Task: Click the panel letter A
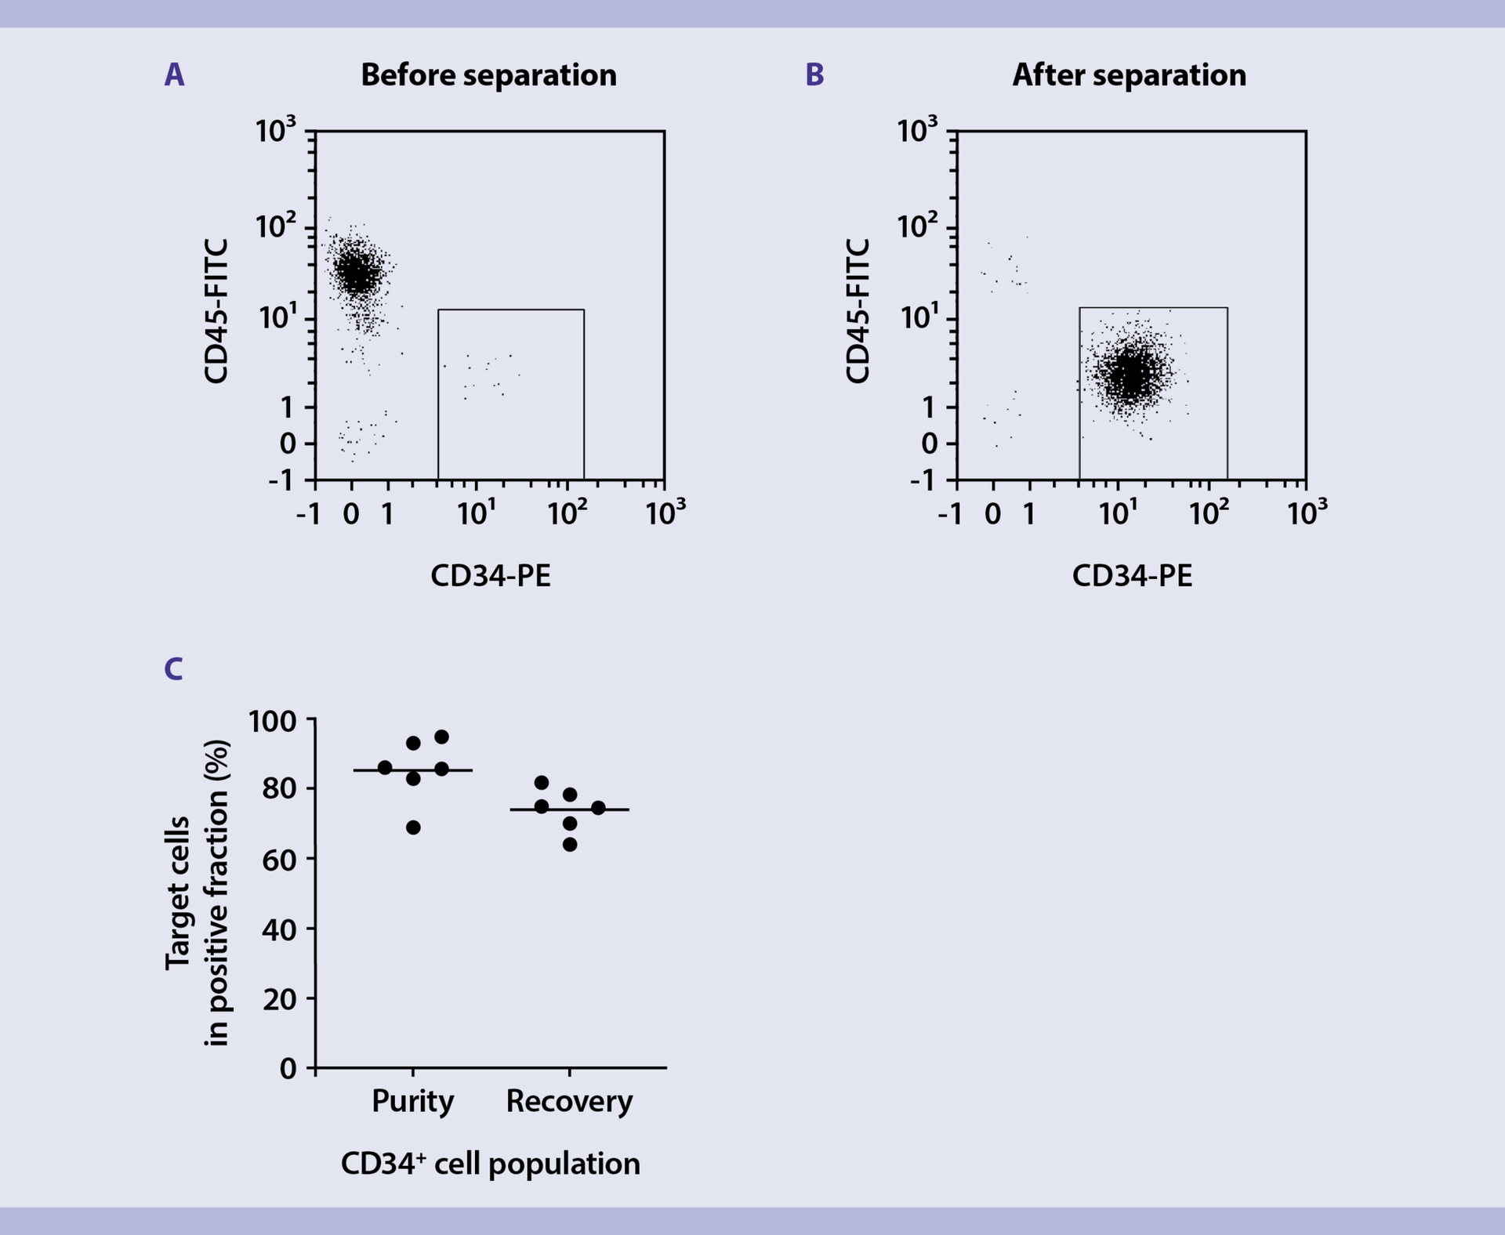coord(174,75)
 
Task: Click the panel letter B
coord(814,75)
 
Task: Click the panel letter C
coord(173,669)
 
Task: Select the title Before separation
coord(488,75)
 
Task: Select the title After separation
coord(1129,75)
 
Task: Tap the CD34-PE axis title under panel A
coord(491,576)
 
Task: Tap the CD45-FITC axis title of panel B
coord(859,311)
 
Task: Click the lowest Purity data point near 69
coord(413,828)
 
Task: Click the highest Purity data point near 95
coord(441,737)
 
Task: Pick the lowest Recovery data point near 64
coord(570,844)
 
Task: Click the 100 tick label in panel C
coord(272,721)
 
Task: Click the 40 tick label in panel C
coord(279,929)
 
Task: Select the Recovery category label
coord(569,1101)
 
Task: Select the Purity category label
coord(412,1101)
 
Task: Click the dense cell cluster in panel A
coord(357,273)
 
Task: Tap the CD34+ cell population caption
coord(491,1164)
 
